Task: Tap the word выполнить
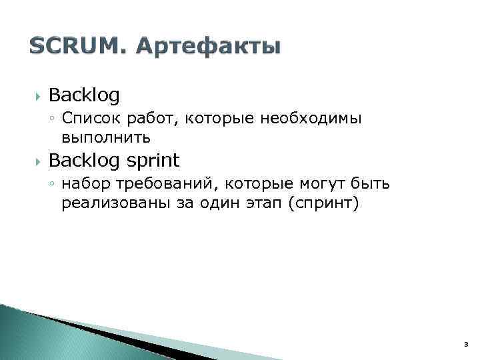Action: (x=106, y=138)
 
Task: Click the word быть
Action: (x=373, y=184)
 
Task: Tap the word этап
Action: (x=255, y=203)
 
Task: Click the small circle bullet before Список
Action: (x=53, y=119)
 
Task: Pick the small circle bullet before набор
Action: (x=53, y=185)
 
